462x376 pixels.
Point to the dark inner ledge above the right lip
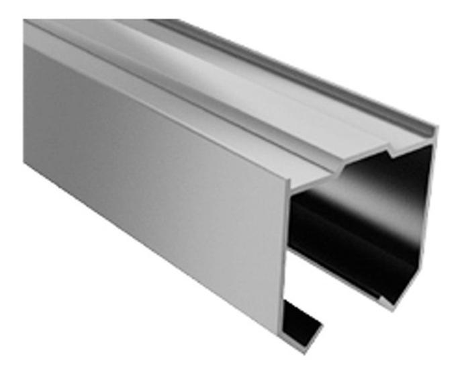[342, 265]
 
